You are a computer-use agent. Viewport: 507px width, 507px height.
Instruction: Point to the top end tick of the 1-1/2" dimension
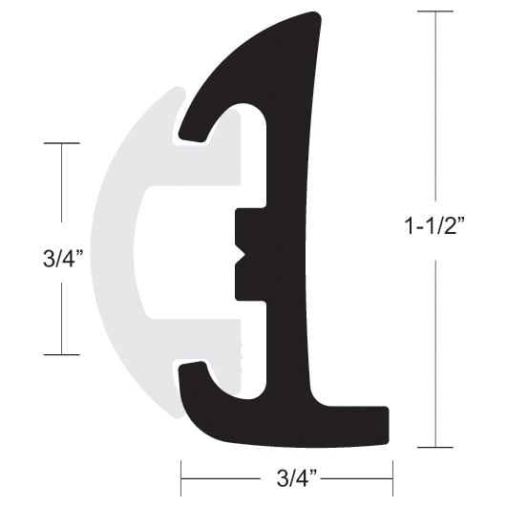pos(435,11)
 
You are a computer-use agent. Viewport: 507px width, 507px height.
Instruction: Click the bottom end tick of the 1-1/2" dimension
pos(435,447)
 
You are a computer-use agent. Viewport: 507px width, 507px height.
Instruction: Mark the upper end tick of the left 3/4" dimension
pos(61,143)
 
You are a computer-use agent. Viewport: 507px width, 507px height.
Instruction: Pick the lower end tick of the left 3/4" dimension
pos(61,354)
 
